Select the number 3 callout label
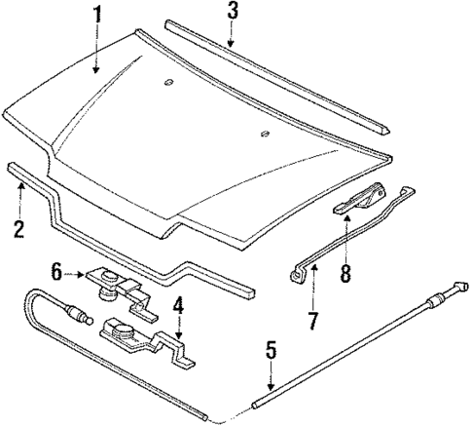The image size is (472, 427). click(232, 12)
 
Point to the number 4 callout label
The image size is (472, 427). click(178, 304)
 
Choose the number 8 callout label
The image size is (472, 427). click(346, 275)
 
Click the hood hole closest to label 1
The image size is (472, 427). click(168, 81)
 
